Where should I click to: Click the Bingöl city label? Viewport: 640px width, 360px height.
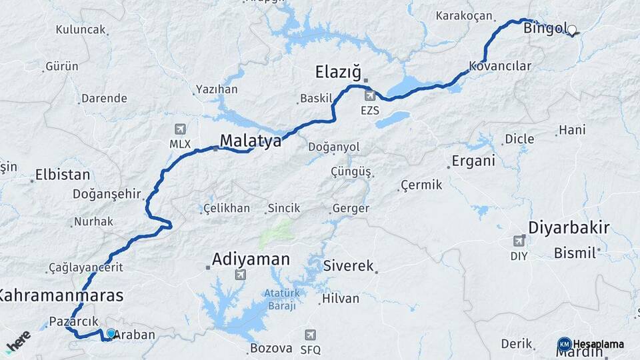pos(545,29)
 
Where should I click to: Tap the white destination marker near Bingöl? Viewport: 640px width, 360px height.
pos(571,29)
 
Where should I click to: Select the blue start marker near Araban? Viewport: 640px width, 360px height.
pos(111,333)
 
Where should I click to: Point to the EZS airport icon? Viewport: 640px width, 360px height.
pos(369,96)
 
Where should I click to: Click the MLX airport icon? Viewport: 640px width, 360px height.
pos(179,129)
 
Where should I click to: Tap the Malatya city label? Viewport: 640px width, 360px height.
pos(251,141)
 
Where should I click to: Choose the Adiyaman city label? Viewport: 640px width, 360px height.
pos(251,259)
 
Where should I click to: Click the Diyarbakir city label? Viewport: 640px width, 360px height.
pos(569,228)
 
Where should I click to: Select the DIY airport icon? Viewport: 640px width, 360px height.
pos(519,241)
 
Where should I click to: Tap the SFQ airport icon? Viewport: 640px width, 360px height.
pos(310,335)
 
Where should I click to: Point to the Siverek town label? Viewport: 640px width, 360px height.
pos(348,266)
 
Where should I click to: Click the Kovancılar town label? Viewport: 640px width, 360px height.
pos(500,66)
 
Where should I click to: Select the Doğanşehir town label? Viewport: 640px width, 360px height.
pos(109,194)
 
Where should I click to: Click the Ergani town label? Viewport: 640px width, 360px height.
pos(473,161)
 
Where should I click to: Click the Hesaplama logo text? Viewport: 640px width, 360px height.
pos(599,344)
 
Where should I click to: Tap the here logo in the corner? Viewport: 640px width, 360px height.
pos(18,341)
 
